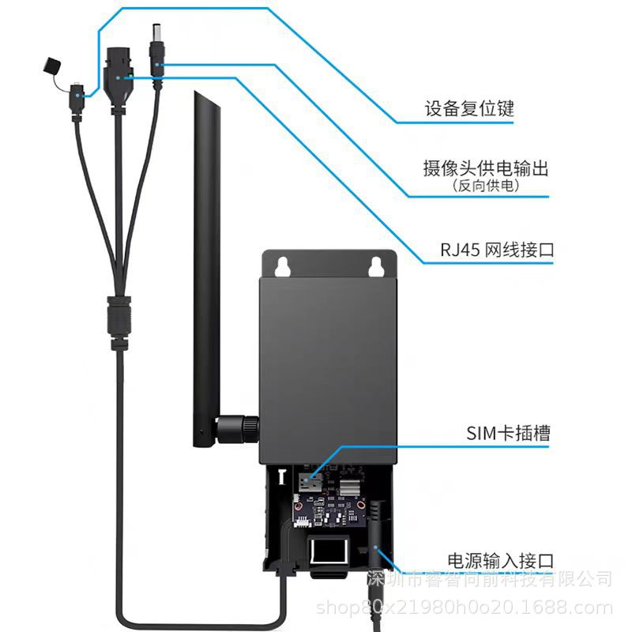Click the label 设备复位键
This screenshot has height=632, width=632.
click(x=468, y=108)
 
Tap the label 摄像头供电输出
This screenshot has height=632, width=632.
click(x=485, y=168)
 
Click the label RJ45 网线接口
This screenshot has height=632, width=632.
click(x=497, y=250)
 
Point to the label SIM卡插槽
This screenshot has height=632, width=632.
click(x=508, y=433)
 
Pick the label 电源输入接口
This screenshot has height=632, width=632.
click(x=500, y=561)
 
